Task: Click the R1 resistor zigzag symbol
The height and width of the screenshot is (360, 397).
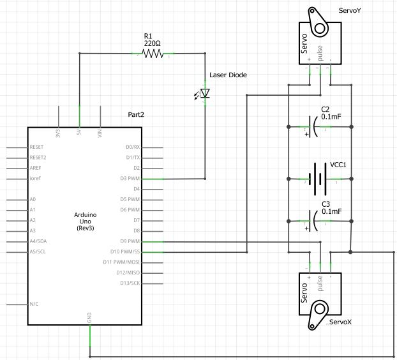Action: (153, 54)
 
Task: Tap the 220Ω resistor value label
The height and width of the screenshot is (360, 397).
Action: (152, 43)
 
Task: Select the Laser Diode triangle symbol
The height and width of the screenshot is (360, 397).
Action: (204, 94)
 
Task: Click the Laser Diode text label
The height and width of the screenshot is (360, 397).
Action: (228, 75)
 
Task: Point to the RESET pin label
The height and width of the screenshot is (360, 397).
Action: (38, 147)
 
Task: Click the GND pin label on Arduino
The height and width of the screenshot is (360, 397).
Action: (89, 317)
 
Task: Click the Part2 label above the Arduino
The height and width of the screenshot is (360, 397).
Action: (137, 115)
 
